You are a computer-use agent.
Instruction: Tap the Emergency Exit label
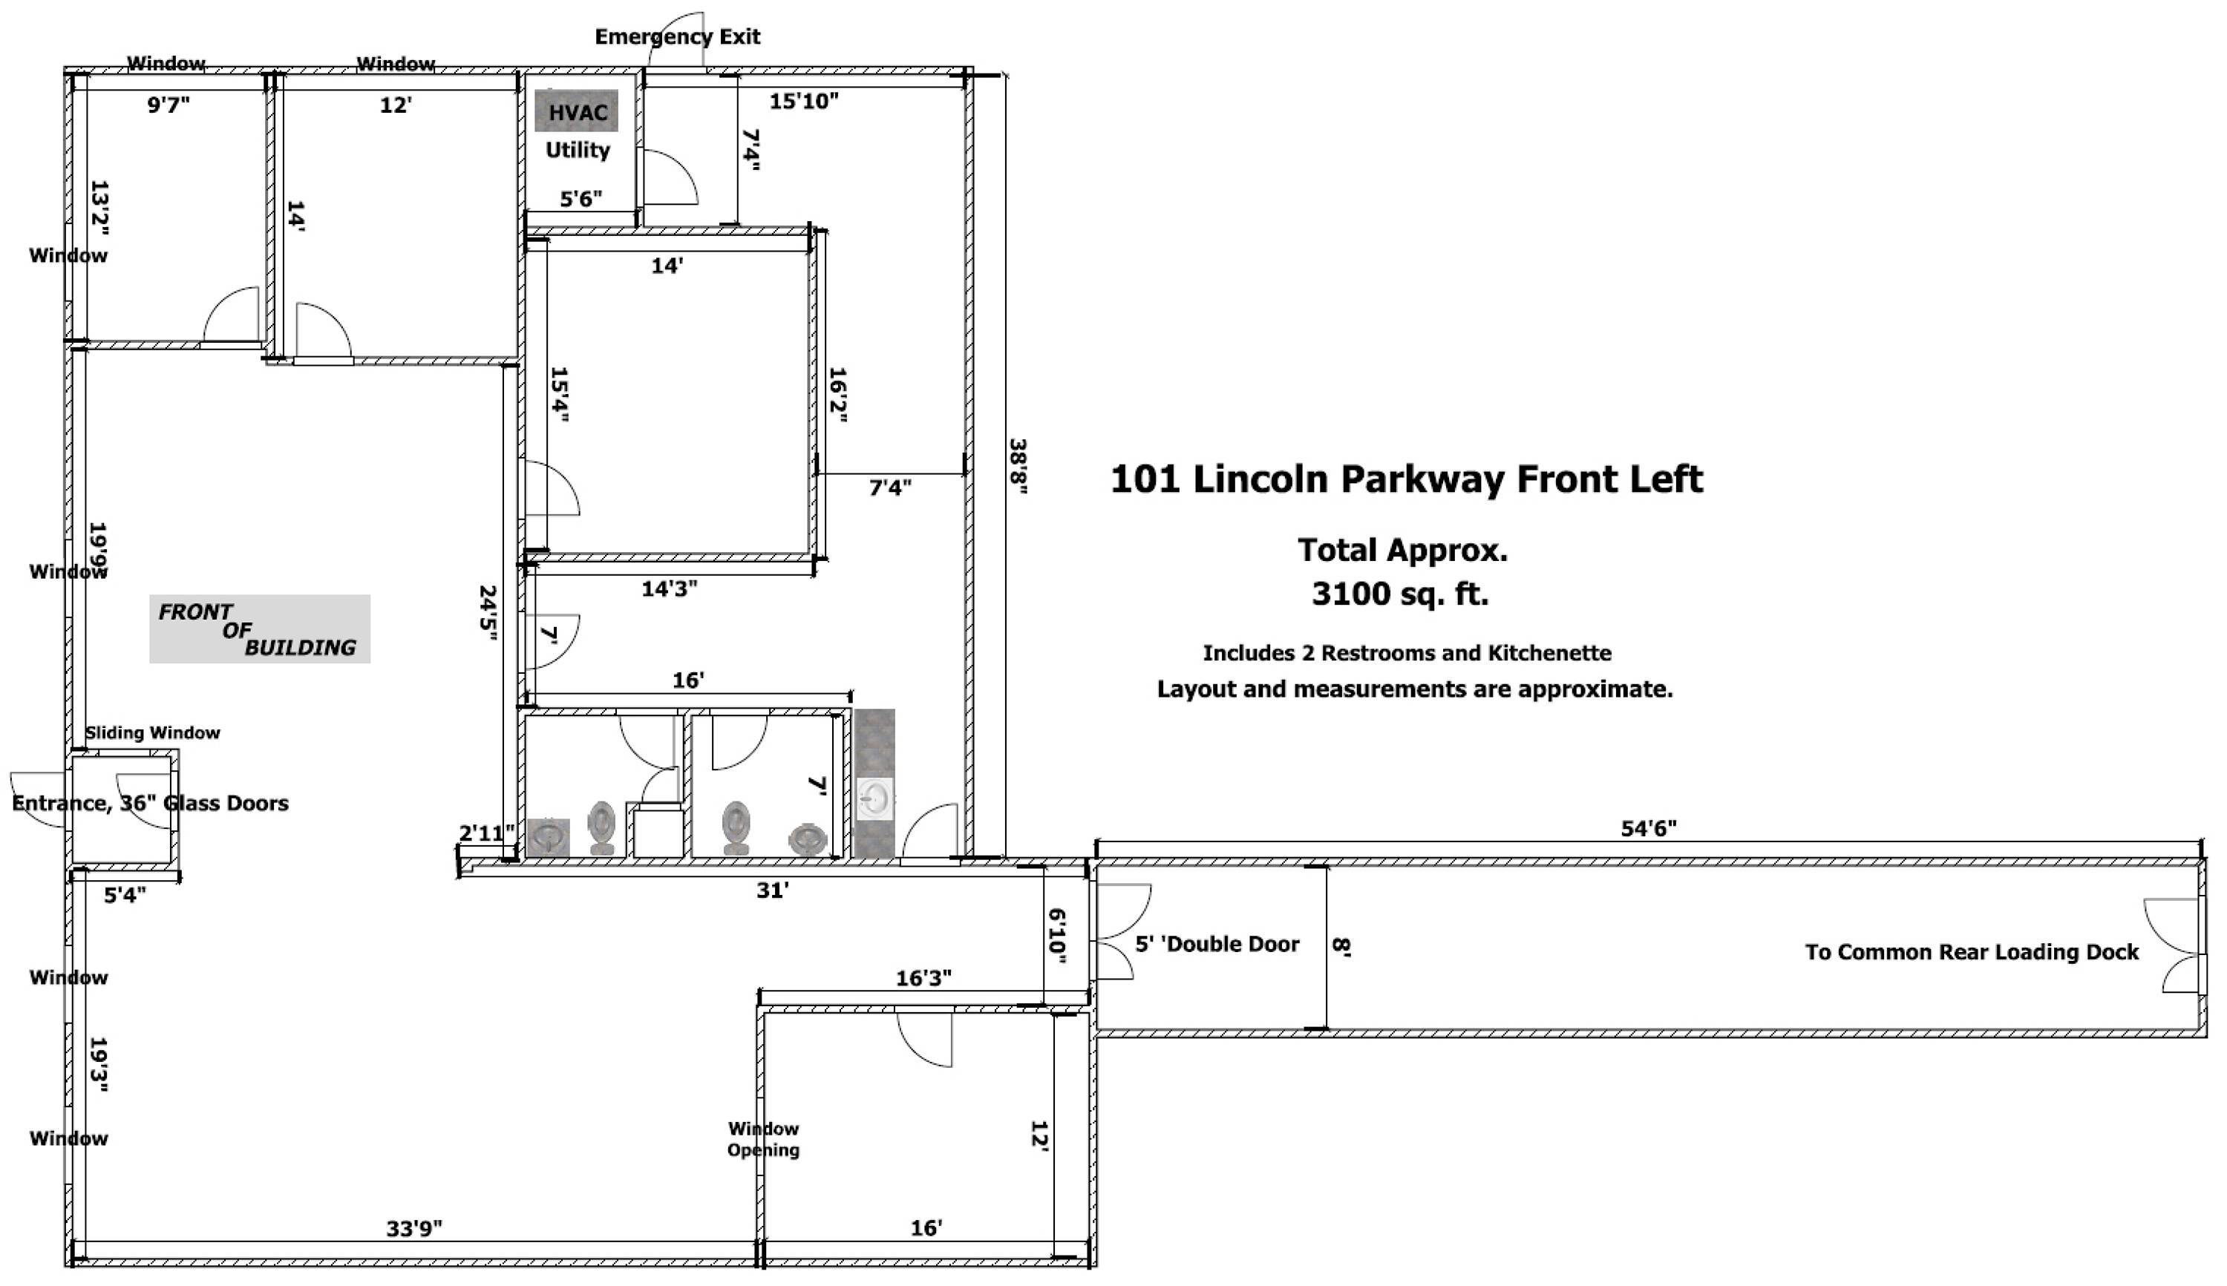[x=677, y=37]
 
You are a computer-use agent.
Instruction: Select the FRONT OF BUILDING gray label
[x=260, y=629]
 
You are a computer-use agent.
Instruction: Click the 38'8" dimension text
[x=1018, y=465]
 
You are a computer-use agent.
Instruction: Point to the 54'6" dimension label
[x=1649, y=827]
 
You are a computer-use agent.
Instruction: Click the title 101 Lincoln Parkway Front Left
[x=1406, y=479]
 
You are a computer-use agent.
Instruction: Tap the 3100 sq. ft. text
[x=1400, y=594]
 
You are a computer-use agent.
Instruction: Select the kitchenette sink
[x=874, y=799]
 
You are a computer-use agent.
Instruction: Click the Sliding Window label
[x=153, y=732]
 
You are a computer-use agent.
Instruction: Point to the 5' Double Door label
[x=1217, y=944]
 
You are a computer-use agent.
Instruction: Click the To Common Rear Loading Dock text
[x=1972, y=952]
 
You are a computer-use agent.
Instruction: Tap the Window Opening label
[x=763, y=1139]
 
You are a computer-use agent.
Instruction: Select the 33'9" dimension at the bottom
[x=414, y=1229]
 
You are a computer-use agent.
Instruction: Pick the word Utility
[x=578, y=150]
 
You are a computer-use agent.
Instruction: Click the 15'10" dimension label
[x=804, y=101]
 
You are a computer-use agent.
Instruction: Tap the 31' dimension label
[x=772, y=890]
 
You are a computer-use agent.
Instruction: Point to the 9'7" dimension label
[x=168, y=105]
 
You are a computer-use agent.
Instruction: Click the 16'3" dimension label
[x=924, y=978]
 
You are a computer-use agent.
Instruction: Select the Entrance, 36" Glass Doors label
[x=150, y=803]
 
